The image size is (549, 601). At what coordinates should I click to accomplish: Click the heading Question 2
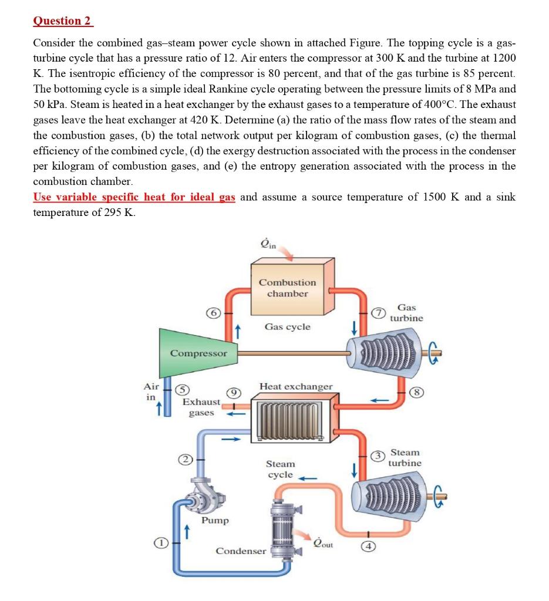pos(63,21)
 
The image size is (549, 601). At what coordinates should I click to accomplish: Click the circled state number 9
pos(233,391)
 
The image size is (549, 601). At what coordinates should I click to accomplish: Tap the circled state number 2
pos(183,459)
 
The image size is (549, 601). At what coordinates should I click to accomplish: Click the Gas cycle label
pos(287,326)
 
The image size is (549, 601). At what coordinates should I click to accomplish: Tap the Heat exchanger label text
pos(296,386)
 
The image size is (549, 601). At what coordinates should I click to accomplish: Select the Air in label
pos(151,391)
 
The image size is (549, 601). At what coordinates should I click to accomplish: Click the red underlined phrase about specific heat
pos(134,197)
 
